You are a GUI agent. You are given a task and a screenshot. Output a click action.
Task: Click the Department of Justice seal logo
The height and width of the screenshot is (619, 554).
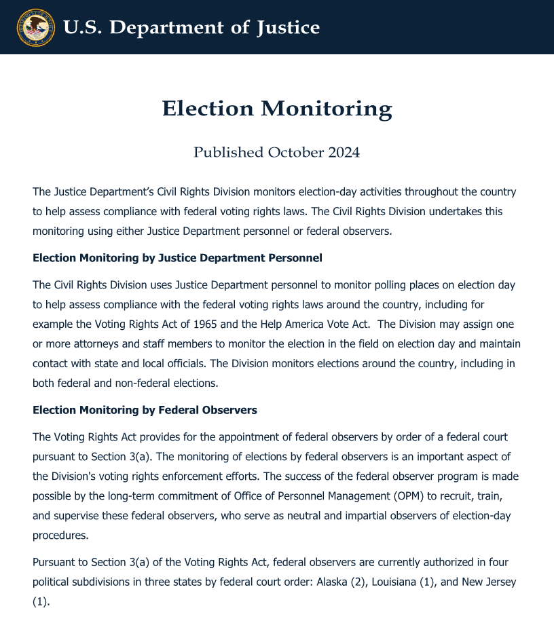click(x=35, y=27)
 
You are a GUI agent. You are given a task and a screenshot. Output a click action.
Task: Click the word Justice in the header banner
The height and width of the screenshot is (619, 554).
click(x=288, y=28)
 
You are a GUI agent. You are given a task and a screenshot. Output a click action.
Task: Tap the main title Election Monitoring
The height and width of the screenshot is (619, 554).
click(x=277, y=109)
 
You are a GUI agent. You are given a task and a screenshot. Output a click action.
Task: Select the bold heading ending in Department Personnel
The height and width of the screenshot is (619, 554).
click(x=177, y=258)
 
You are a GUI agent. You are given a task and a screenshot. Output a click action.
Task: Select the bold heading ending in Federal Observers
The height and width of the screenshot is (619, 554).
click(x=145, y=410)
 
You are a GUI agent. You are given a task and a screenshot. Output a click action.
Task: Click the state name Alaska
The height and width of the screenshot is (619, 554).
click(x=333, y=582)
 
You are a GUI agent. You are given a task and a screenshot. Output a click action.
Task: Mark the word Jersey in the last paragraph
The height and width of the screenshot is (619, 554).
click(x=499, y=582)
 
